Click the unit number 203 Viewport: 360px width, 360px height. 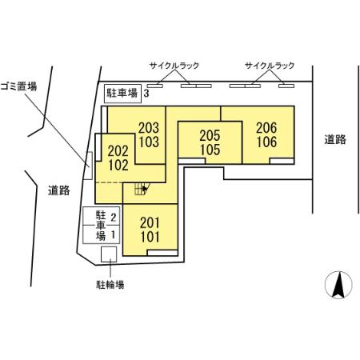(x=150, y=126)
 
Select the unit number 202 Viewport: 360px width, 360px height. (x=118, y=149)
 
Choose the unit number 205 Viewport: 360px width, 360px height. (x=210, y=136)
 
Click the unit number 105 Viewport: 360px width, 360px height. (x=210, y=149)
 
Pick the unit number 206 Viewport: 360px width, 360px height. (x=266, y=126)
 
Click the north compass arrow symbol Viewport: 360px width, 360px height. (x=338, y=284)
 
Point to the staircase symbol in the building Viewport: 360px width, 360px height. (x=142, y=190)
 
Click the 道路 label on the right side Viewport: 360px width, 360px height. (x=335, y=139)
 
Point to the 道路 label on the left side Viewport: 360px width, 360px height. (x=58, y=190)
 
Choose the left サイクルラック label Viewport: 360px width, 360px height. (x=173, y=66)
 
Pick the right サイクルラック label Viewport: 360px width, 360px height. (x=269, y=66)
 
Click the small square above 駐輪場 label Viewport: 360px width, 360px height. (x=109, y=254)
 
